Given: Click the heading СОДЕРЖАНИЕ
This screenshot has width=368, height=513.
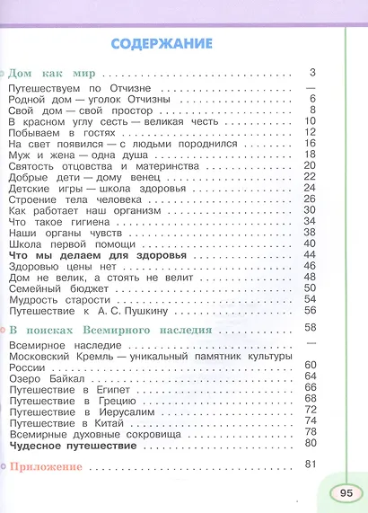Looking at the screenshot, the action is coord(162,42).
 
